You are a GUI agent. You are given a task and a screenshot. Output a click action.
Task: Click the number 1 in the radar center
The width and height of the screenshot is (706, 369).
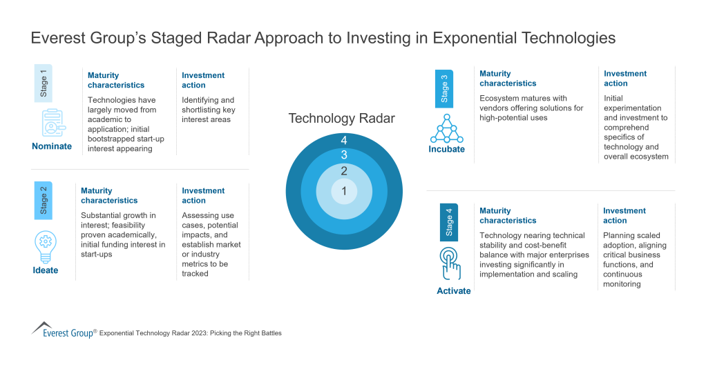tap(343, 191)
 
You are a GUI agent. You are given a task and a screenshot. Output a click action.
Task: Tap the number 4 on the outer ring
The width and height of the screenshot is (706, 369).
tap(343, 141)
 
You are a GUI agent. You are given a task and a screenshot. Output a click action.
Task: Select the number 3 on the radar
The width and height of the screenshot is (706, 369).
tap(343, 155)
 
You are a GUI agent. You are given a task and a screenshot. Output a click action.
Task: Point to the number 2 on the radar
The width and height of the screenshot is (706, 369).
tap(343, 170)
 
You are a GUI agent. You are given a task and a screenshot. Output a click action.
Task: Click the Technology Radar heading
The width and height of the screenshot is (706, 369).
tap(341, 119)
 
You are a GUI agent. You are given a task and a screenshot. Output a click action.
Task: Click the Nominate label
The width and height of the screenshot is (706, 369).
tap(52, 146)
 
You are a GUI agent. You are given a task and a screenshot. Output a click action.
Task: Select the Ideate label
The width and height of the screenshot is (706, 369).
tap(46, 270)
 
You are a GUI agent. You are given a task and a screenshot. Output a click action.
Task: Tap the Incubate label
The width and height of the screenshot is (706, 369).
tap(446, 149)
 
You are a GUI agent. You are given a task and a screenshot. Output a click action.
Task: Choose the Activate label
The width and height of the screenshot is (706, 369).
tap(454, 291)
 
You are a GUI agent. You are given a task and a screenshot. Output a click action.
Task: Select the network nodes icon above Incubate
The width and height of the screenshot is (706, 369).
tap(446, 127)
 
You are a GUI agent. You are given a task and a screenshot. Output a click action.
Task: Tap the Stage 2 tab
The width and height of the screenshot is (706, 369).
tap(44, 200)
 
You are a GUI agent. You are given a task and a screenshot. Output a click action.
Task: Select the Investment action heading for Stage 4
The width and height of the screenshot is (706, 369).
tap(624, 216)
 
